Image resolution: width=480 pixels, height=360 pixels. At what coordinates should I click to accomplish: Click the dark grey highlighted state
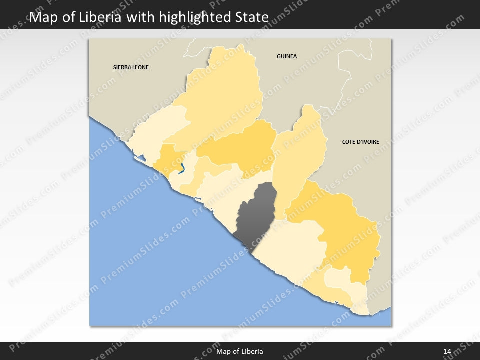pyautogui.click(x=257, y=215)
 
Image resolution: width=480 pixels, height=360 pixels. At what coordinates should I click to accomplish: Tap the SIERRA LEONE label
pyautogui.click(x=131, y=67)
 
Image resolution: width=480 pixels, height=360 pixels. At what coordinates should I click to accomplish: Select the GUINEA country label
pyautogui.click(x=287, y=56)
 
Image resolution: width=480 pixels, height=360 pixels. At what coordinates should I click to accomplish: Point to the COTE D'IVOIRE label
pyautogui.click(x=360, y=142)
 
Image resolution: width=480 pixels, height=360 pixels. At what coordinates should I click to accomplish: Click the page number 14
pyautogui.click(x=447, y=351)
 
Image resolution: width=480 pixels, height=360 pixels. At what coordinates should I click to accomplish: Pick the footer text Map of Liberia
pyautogui.click(x=240, y=351)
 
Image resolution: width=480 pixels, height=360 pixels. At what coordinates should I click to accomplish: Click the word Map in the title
pyautogui.click(x=41, y=17)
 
